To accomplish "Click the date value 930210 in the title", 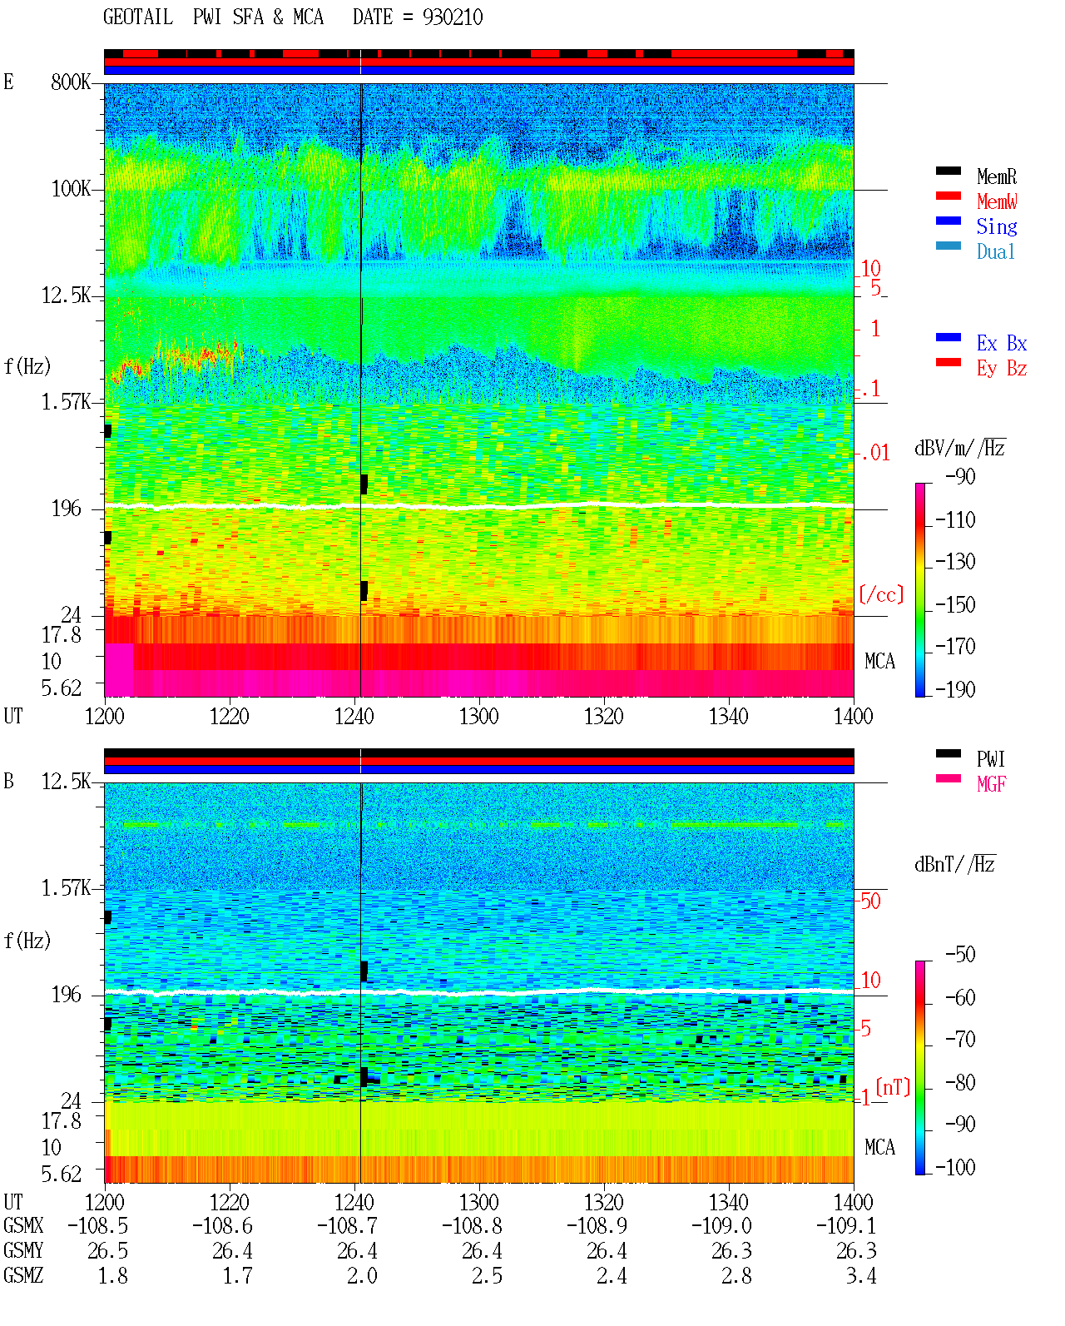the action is [x=452, y=17].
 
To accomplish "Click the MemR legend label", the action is [x=996, y=176].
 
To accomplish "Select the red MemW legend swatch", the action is [x=948, y=196].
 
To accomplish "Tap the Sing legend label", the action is [x=996, y=226].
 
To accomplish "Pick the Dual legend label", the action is [x=995, y=251].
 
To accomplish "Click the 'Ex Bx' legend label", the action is [x=1002, y=343].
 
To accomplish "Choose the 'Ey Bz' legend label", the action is [x=1002, y=369].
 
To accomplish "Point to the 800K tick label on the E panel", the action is [x=71, y=82].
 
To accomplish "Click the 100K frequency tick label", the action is [x=71, y=189].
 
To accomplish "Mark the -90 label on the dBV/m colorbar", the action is [x=960, y=476].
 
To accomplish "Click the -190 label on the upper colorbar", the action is [x=955, y=689].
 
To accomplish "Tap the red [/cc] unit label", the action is [x=881, y=594].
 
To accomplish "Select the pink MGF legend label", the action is [x=991, y=784].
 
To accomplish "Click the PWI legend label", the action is [x=990, y=759].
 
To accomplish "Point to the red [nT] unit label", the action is [x=893, y=1087].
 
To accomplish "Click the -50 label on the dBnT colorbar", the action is [x=960, y=955].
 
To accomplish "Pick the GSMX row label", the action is [x=23, y=1225].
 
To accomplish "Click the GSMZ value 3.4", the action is [x=860, y=1275].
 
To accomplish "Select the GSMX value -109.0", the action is [x=721, y=1225].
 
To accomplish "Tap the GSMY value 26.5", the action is [x=108, y=1251].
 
